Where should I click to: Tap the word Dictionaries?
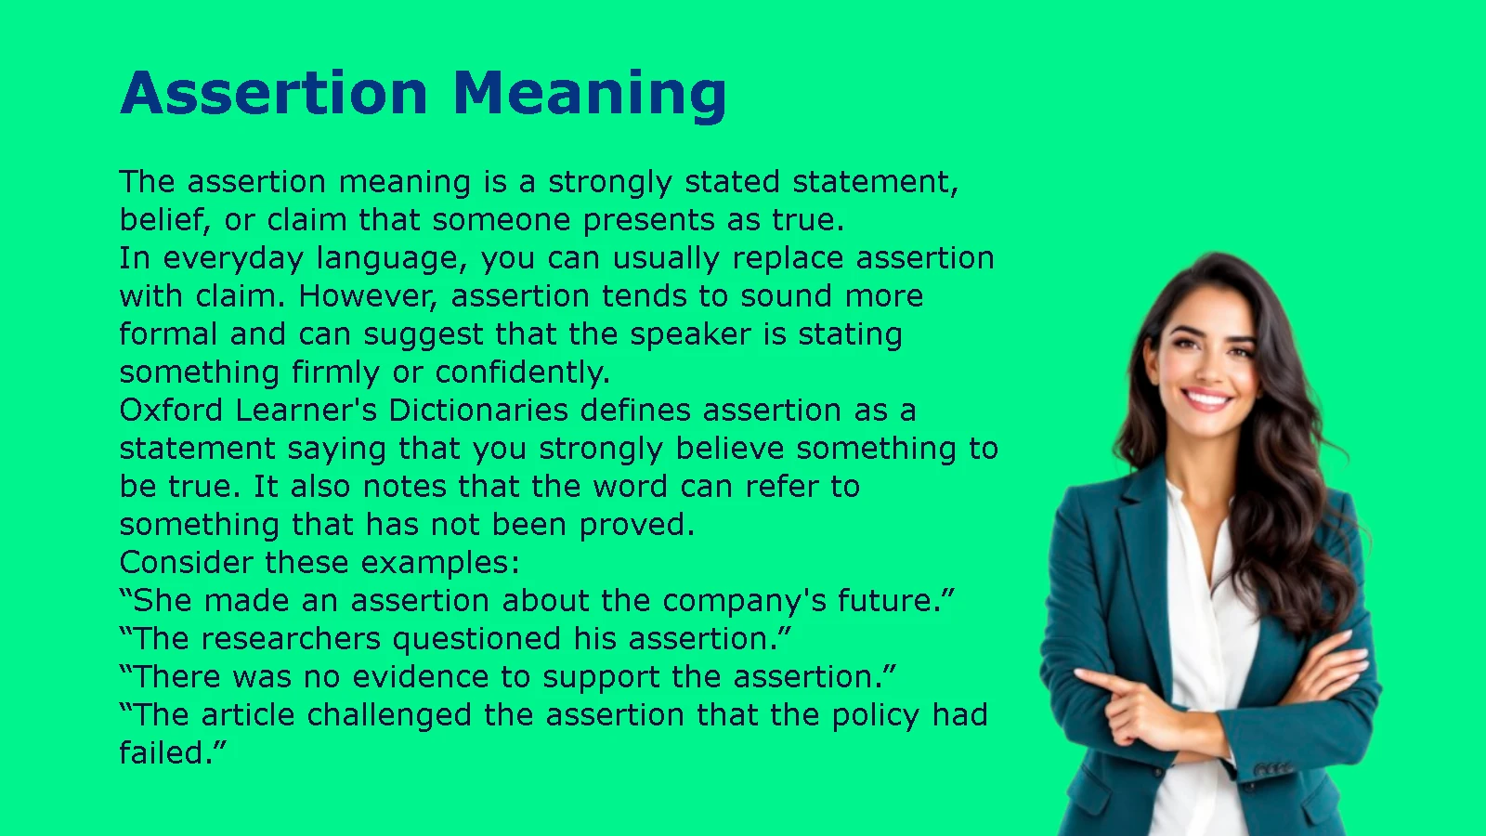tap(478, 410)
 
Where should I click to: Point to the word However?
tap(368, 296)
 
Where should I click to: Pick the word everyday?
tap(233, 259)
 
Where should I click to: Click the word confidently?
tap(522, 372)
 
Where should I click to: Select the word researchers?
tap(291, 638)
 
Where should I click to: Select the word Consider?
tap(187, 563)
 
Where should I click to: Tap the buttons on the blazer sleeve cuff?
tap(1271, 768)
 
